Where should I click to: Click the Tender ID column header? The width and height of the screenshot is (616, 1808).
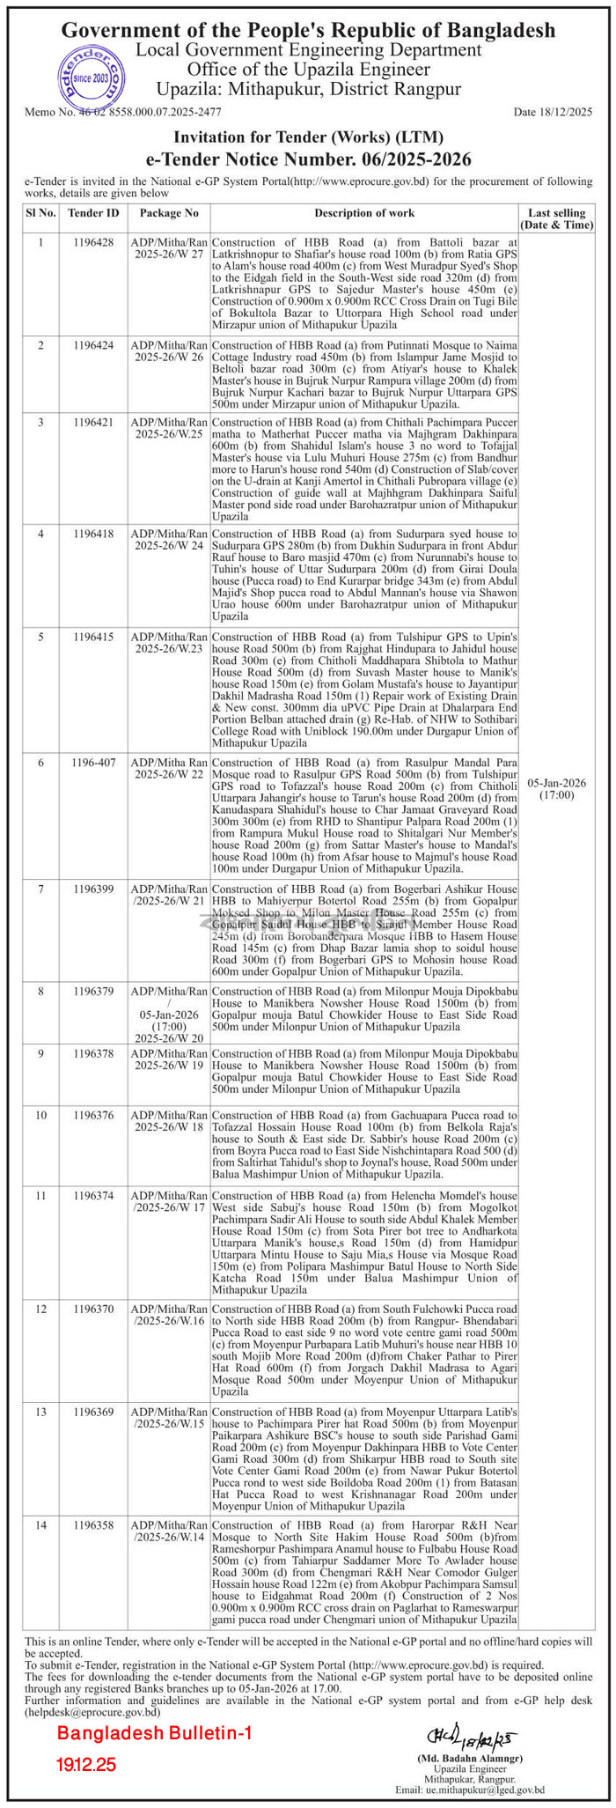[x=93, y=213]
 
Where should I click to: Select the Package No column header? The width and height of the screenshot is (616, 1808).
[x=169, y=213]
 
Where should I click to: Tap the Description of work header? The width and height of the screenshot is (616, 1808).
[x=364, y=213]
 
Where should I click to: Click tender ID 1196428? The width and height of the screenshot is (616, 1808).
[x=93, y=241]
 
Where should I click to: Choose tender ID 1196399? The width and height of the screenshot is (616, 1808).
[x=93, y=889]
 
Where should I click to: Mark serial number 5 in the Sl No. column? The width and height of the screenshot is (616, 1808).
[x=40, y=635]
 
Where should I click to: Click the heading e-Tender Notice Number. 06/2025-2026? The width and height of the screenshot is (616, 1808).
[x=308, y=159]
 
